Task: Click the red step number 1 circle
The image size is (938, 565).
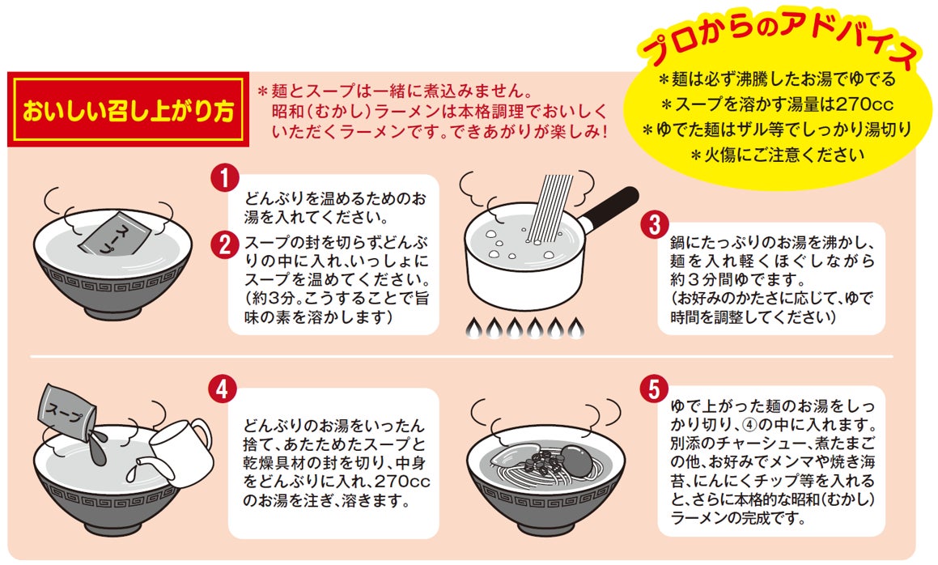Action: (225, 178)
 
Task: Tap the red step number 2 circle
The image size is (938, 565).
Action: (225, 244)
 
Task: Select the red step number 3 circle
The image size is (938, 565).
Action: (655, 225)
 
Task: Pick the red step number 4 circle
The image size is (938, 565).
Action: (223, 389)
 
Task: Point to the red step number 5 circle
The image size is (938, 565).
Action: (654, 389)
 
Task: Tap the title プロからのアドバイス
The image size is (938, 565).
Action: (778, 43)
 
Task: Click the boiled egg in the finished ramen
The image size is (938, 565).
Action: (575, 459)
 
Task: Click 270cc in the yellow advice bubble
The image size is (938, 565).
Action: (856, 104)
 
